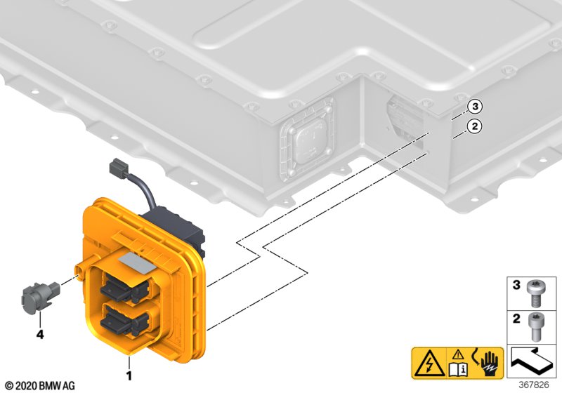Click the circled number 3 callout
(x=475, y=106)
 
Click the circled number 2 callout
(x=475, y=126)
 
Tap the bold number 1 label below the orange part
(x=129, y=375)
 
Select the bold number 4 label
(x=40, y=334)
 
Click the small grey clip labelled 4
(x=39, y=297)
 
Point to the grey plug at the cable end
(x=118, y=168)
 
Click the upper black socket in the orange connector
(x=124, y=286)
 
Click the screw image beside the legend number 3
(x=535, y=293)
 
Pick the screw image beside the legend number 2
(x=535, y=326)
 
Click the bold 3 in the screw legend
(x=516, y=285)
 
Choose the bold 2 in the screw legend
(x=516, y=318)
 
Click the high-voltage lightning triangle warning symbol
(x=429, y=363)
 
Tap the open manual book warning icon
(x=459, y=364)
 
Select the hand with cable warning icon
(x=488, y=363)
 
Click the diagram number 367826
(x=534, y=385)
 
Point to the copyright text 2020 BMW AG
(x=41, y=386)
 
